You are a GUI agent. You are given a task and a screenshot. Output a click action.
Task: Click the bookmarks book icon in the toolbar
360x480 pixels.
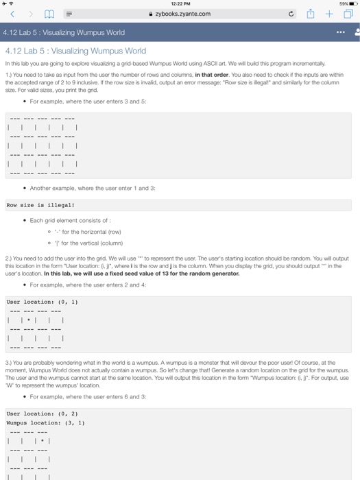pos(47,13)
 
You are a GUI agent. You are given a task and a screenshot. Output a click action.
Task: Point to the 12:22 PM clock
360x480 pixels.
pos(180,4)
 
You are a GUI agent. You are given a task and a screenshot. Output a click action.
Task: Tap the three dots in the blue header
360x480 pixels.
pos(334,32)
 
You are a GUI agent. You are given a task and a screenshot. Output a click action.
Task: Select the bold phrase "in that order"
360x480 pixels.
pos(215,74)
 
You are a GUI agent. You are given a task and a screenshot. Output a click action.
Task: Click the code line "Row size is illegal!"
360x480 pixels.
pos(40,204)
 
